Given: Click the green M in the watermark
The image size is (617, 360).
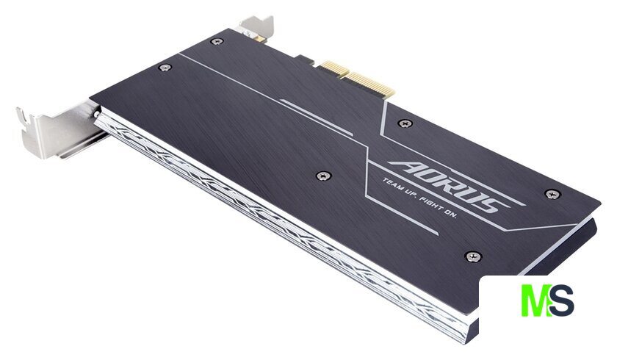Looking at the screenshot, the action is pos(536,300).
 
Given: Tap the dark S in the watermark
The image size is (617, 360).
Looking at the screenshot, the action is pos(562,300).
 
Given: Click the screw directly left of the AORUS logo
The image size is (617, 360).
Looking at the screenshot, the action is pos(323,176).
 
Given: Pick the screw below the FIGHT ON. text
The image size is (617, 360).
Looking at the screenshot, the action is pos(473,256).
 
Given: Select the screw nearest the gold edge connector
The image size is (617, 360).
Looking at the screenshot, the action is pos(405,123).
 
